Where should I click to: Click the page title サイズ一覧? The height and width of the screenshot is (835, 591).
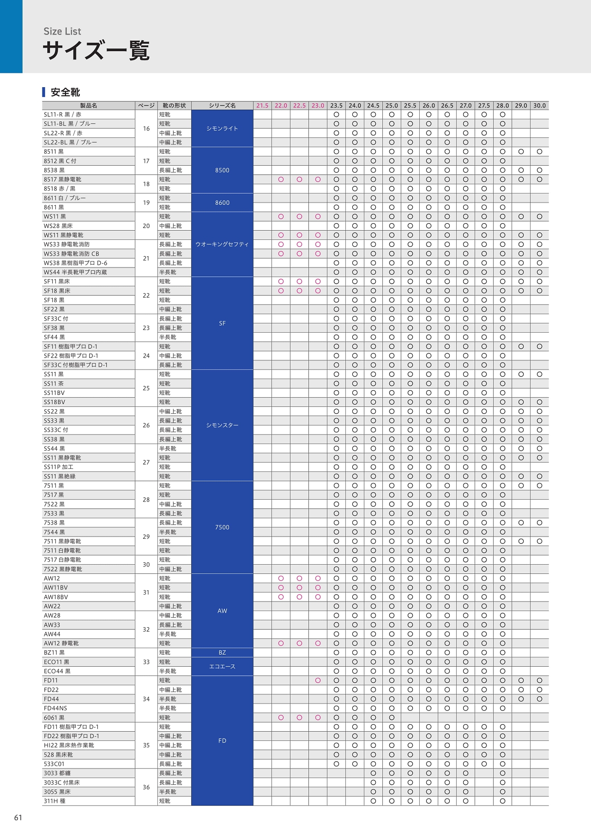[x=96, y=51]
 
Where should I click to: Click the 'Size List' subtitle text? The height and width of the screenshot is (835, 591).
[x=62, y=31]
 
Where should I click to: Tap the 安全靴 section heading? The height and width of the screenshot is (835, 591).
[x=65, y=92]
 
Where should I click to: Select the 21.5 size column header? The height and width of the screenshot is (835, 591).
[x=262, y=106]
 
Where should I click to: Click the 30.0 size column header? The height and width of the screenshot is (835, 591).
[x=539, y=106]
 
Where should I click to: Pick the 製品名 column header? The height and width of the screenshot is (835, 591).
[x=89, y=106]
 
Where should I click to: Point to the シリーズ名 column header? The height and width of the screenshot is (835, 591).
[x=222, y=106]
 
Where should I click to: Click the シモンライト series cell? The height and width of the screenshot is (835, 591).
[x=222, y=128]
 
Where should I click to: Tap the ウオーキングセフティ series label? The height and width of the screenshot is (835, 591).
[x=222, y=245]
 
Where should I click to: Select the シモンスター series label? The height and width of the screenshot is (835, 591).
[x=222, y=425]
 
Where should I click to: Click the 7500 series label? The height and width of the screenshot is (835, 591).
[x=222, y=527]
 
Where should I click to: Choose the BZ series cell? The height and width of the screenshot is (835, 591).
[x=222, y=653]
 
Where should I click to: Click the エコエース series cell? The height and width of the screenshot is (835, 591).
[x=222, y=667]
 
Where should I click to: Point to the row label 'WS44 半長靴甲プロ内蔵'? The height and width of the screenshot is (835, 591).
[x=75, y=272]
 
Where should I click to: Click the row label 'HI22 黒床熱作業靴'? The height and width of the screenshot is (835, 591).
[x=69, y=746]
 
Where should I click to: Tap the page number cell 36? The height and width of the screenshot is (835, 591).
[x=146, y=787]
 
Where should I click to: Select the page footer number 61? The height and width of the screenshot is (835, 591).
[x=18, y=817]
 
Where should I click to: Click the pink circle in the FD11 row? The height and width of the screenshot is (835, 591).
[x=318, y=680]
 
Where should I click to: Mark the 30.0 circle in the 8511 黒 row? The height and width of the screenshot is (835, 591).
[x=539, y=152]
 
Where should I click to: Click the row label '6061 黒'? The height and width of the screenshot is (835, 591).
[x=54, y=718]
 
